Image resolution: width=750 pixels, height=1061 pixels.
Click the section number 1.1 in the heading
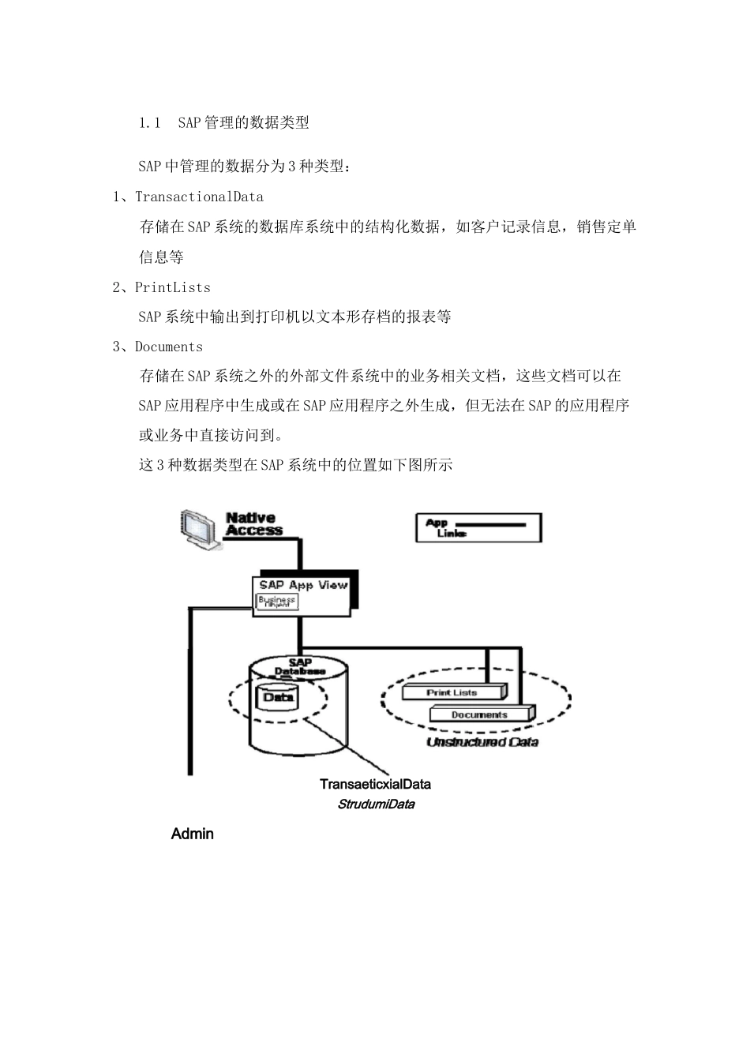point(149,122)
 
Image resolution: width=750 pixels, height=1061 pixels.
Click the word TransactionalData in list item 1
point(199,197)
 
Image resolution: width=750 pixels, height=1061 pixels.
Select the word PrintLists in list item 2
point(172,287)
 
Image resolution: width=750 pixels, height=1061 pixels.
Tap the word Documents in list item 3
point(168,347)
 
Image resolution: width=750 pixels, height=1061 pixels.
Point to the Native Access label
point(253,525)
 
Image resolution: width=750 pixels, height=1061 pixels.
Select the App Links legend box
point(478,527)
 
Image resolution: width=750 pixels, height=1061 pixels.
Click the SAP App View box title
point(303,585)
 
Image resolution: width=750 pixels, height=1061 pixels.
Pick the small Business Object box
point(277,602)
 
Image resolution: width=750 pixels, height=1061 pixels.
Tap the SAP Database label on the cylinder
point(299,667)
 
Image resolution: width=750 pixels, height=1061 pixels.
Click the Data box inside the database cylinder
point(278,697)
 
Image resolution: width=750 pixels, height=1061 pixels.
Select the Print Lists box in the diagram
point(452,692)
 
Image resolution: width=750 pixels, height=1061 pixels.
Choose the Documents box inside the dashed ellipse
point(479,714)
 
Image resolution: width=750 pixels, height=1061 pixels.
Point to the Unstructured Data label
point(482,742)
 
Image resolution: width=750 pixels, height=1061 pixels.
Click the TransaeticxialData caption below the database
point(375,784)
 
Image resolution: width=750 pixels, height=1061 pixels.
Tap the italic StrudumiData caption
point(376,804)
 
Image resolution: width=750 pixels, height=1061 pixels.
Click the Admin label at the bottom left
point(192,834)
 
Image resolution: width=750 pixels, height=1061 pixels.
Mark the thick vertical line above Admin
point(190,695)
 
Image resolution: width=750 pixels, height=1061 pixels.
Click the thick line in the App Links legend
point(491,523)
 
